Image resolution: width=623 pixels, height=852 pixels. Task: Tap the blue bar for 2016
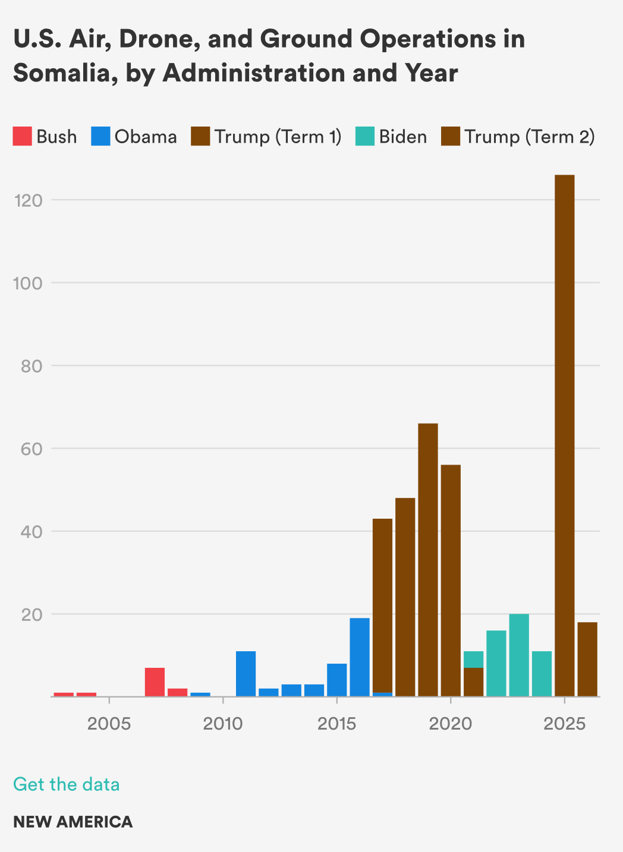click(360, 657)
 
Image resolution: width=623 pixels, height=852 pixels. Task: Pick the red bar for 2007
click(155, 682)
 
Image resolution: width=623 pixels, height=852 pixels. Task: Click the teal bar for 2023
click(519, 655)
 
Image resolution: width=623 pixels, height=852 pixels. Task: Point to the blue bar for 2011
click(246, 674)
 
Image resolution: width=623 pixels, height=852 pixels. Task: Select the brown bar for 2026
click(587, 659)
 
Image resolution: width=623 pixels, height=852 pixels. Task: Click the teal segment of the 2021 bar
click(473, 659)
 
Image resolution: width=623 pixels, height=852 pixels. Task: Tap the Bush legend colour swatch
click(22, 137)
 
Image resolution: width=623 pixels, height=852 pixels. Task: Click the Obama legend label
click(146, 137)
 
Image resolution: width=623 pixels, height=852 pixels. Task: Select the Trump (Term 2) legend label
click(529, 137)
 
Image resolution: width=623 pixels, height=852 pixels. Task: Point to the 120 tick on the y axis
click(30, 200)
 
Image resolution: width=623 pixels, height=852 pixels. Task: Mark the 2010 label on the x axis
click(223, 724)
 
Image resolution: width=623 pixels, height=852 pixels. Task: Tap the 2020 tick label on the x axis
click(451, 724)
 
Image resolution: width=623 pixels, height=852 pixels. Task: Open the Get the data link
click(66, 784)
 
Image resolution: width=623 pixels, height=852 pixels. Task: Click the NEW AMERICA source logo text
click(73, 822)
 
